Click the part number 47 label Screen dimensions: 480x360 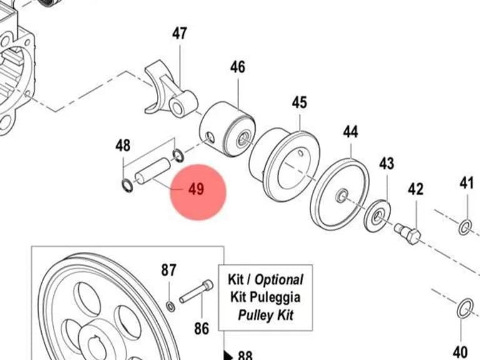[179, 33]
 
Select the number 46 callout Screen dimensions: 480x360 [238, 67]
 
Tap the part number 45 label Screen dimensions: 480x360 [299, 102]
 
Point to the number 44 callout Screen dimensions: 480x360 [350, 132]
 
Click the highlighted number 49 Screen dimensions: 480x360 [196, 189]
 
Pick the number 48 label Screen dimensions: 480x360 [122, 146]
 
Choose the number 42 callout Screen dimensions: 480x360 [416, 189]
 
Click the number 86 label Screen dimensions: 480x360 [201, 329]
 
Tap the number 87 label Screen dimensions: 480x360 [169, 270]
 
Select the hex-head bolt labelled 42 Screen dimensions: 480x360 [408, 234]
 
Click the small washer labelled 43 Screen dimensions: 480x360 [378, 216]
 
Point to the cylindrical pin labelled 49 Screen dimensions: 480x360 [152, 171]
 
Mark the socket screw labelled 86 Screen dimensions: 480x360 [196, 292]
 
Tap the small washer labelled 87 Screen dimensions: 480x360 [171, 306]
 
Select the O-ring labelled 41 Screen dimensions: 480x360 [465, 227]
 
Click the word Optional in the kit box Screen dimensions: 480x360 [279, 279]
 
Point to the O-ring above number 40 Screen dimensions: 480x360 [465, 308]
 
